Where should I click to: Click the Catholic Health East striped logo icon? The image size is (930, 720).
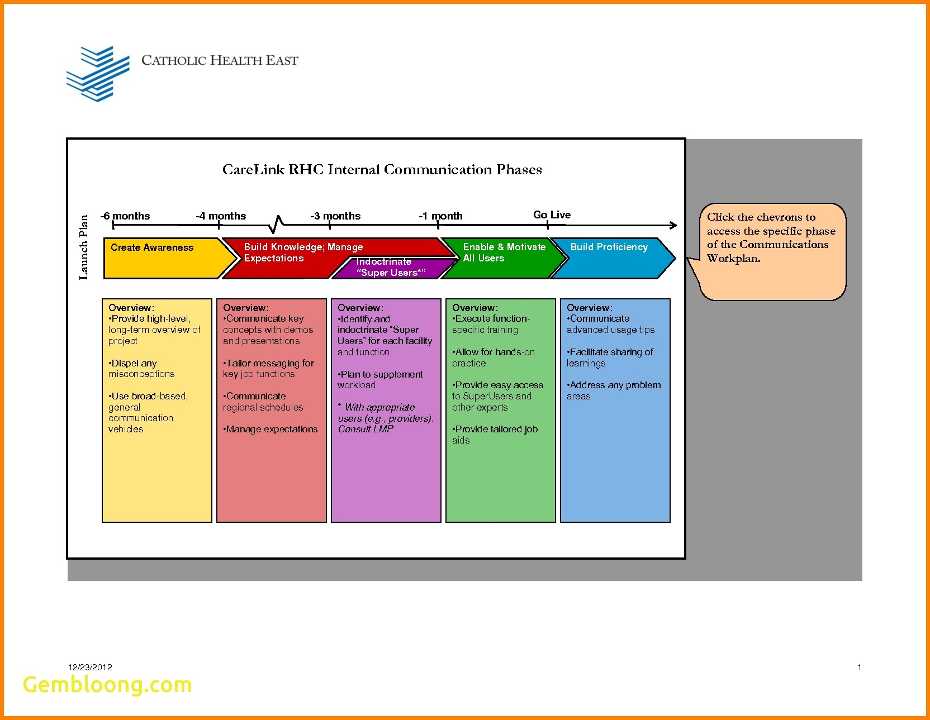98,74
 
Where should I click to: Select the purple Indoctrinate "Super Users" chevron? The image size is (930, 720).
391,268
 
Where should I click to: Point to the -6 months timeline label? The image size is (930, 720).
125,216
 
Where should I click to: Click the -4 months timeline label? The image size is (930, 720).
221,216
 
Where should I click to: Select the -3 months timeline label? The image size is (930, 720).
335,216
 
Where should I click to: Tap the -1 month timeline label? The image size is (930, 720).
440,216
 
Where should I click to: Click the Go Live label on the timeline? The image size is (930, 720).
552,215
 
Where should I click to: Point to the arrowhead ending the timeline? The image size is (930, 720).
673,225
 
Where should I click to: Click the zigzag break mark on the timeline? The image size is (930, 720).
276,224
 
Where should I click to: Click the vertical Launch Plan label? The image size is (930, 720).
84,247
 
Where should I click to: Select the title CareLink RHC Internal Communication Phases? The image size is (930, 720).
382,170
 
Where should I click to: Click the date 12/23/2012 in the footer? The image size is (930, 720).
91,667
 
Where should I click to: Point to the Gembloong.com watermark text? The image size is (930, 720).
107,685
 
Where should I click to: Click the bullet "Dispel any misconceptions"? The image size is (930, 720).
141,369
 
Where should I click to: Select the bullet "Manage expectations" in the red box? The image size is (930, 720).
271,429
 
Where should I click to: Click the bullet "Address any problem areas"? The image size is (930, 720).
613,390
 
